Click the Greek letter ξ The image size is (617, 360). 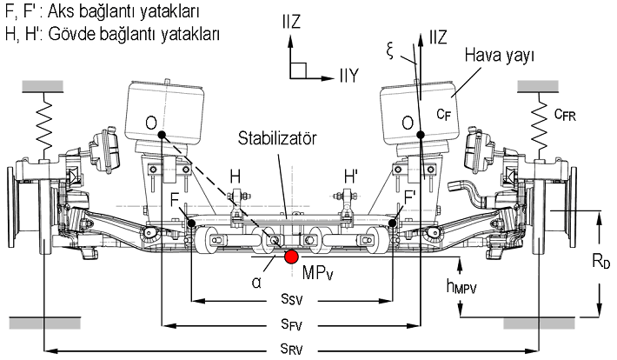point(390,50)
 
